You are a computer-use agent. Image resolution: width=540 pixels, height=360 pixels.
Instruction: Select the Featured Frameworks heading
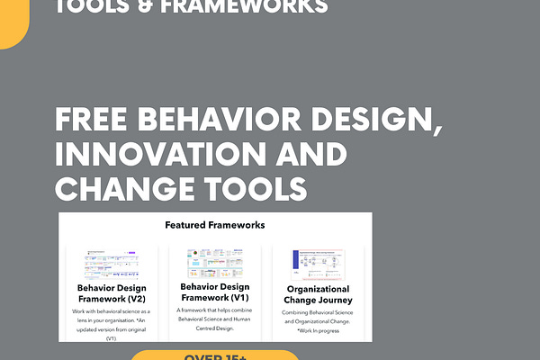click(x=215, y=225)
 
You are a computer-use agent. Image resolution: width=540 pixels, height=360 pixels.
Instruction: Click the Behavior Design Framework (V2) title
click(x=112, y=294)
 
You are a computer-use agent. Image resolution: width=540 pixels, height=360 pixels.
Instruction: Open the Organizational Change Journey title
click(x=319, y=294)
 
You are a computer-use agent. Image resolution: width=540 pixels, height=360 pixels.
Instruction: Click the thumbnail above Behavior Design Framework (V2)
click(x=112, y=264)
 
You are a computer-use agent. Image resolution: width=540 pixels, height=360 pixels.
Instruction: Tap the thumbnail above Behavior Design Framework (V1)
click(x=215, y=264)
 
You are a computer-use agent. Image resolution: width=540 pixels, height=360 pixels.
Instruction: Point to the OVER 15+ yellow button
click(x=215, y=355)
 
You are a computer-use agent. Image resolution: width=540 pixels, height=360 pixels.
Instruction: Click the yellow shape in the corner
click(x=13, y=22)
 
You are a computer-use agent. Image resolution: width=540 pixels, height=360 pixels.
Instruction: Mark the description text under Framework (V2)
click(x=112, y=324)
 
